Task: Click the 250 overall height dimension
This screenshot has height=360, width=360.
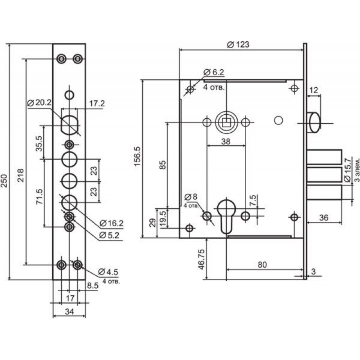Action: pos(4,181)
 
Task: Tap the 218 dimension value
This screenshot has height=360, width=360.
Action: pos(21,175)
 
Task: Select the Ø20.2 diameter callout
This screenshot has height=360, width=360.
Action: pos(39,103)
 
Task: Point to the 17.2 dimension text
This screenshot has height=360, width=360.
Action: pos(97,103)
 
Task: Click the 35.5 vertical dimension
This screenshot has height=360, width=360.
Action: pos(39,144)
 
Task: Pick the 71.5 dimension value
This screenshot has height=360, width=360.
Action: pos(39,197)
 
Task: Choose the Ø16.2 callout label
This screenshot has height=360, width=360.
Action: pos(112,223)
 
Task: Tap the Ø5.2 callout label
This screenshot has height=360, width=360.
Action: pos(109,235)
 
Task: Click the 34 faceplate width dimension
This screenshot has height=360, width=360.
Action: pos(70,311)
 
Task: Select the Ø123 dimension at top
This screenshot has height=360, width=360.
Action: pos(238,45)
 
